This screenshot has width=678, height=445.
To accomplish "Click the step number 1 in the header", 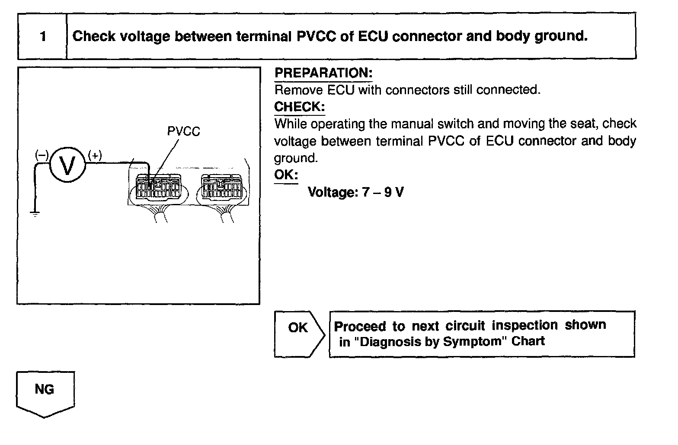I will pos(43,36).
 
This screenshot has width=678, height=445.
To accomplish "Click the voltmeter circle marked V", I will pos(67,165).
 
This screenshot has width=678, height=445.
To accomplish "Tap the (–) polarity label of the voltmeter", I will pos(42,156).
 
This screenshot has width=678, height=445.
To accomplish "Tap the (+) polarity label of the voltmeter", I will pos(95,156).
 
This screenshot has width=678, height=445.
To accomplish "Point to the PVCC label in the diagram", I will pos(184,131).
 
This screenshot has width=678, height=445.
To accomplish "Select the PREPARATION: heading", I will pos(323,73).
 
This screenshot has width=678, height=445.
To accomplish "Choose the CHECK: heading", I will pos(299,107).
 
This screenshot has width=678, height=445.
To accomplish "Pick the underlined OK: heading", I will pos(286,175).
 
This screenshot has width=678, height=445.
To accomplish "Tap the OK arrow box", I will pos(298,334).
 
